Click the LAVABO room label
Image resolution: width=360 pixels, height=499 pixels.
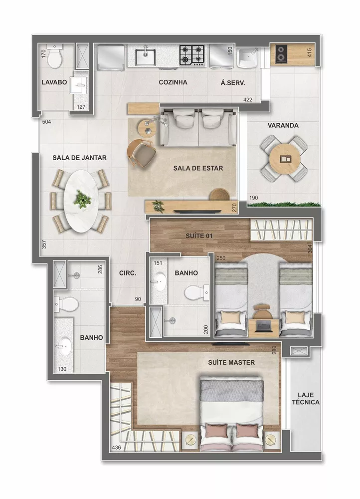(x=54, y=83)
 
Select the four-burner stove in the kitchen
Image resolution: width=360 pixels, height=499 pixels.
(x=192, y=55)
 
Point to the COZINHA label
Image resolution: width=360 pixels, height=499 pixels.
(x=173, y=83)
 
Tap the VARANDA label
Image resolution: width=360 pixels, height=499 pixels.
(x=283, y=126)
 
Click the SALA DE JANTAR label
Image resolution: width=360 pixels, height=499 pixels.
(x=80, y=158)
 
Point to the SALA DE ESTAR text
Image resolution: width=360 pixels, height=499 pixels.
(x=198, y=168)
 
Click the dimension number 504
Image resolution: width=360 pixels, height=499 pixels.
(x=47, y=122)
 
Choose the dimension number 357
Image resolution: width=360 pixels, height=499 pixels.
(x=44, y=245)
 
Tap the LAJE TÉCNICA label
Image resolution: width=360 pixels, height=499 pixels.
(x=306, y=398)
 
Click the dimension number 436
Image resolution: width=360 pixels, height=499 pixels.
(x=116, y=448)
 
